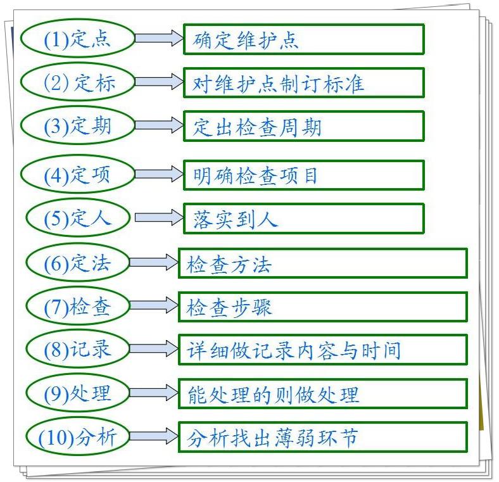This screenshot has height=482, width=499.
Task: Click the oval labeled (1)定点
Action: pyautogui.click(x=77, y=39)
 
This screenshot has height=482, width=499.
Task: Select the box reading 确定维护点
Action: pyautogui.click(x=303, y=39)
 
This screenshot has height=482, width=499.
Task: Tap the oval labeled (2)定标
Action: pyautogui.click(x=77, y=82)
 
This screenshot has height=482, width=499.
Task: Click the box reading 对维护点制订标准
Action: pyautogui.click(x=303, y=83)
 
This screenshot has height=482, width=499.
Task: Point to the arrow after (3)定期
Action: pyautogui.click(x=158, y=125)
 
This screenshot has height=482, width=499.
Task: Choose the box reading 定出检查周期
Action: pyautogui.click(x=303, y=126)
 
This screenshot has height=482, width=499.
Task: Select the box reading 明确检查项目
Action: pyautogui.click(x=303, y=175)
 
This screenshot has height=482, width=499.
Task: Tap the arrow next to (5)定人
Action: pyautogui.click(x=158, y=219)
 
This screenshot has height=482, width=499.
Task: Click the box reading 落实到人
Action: pyautogui.click(x=303, y=219)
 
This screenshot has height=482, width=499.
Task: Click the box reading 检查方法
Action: pyautogui.click(x=322, y=263)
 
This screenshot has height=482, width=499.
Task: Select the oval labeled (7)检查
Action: pyautogui.click(x=77, y=307)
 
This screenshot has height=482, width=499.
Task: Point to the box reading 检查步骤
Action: pyautogui.click(x=322, y=307)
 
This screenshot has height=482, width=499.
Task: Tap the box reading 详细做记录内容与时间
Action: pyautogui.click(x=322, y=350)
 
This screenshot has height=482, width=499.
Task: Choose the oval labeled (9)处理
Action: pyautogui.click(x=77, y=393)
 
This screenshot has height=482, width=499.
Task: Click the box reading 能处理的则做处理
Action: pyautogui.click(x=322, y=394)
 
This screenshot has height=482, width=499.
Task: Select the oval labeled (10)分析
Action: pyautogui.click(x=77, y=436)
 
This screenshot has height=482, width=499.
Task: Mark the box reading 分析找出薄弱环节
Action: pyautogui.click(x=322, y=437)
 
